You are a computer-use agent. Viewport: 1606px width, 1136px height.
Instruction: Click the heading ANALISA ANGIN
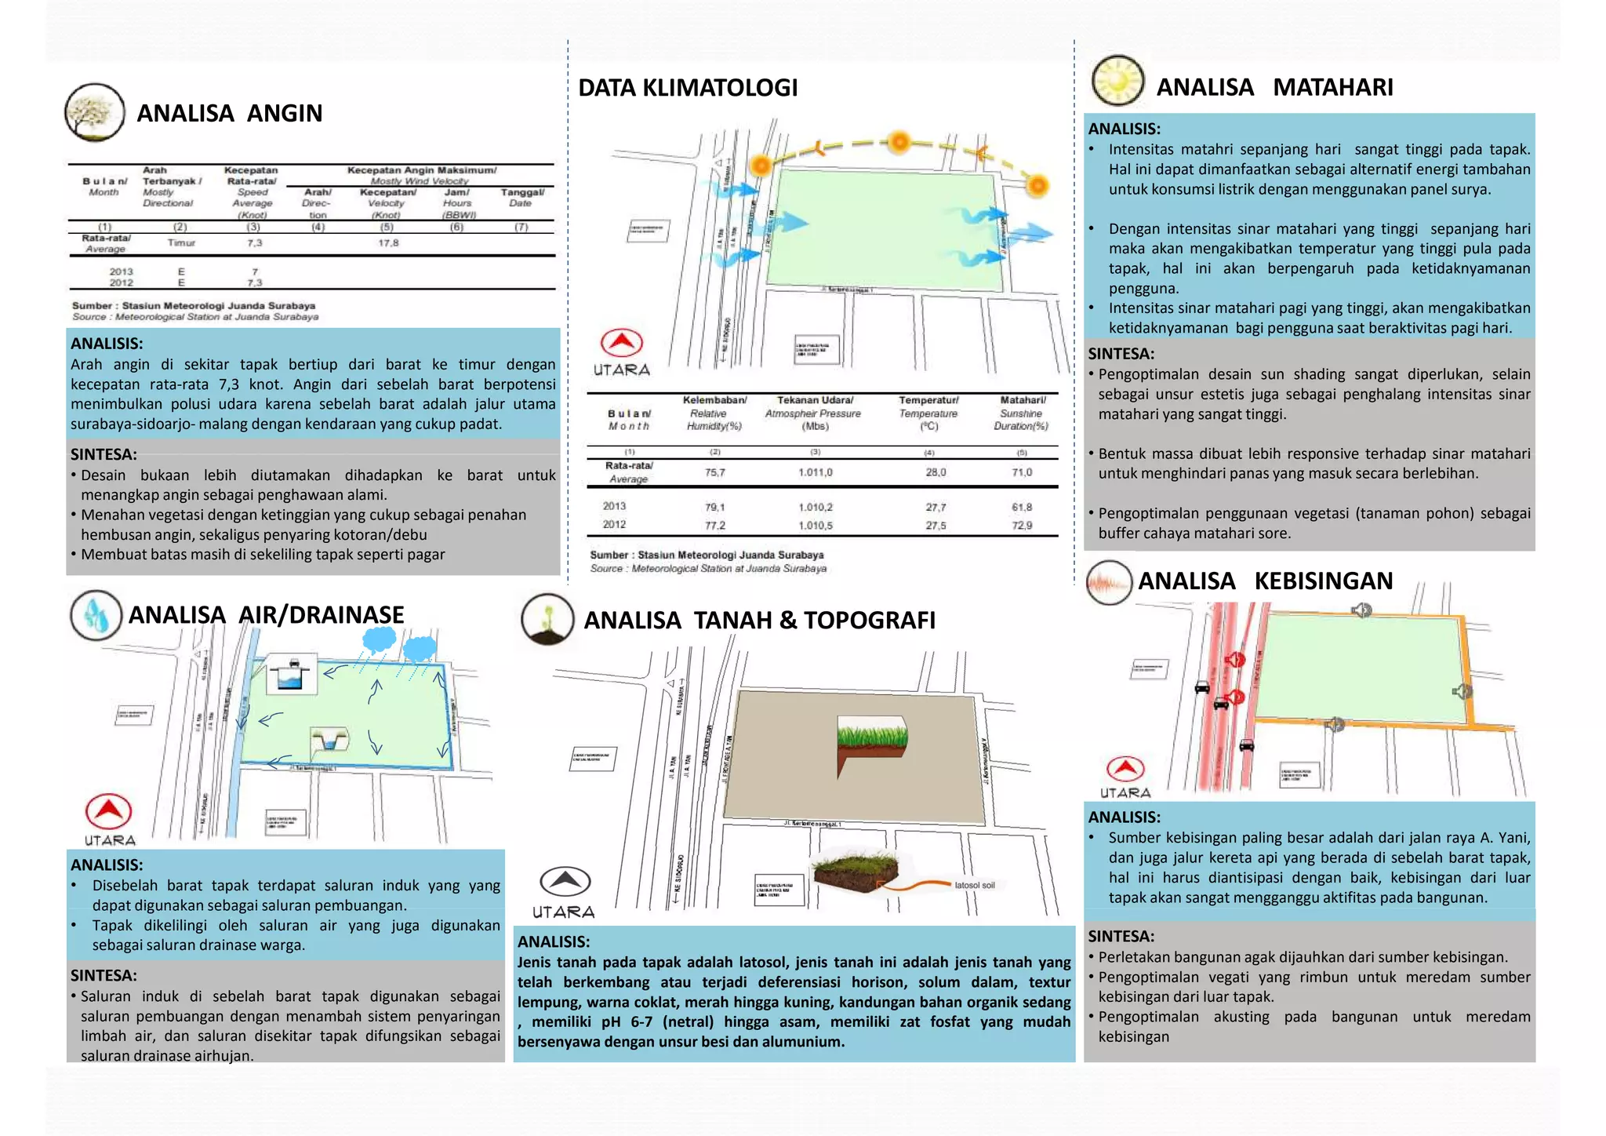(229, 114)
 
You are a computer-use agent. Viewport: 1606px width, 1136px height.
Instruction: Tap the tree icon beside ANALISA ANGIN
(94, 113)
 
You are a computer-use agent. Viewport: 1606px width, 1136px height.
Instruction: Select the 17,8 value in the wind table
(388, 243)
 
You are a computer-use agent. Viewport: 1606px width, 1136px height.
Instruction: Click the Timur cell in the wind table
(181, 243)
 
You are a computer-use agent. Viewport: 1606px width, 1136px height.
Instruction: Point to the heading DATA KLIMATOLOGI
(688, 88)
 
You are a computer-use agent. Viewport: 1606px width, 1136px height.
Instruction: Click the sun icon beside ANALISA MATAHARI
(1118, 81)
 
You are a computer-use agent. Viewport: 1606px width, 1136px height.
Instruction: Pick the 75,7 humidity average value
(714, 472)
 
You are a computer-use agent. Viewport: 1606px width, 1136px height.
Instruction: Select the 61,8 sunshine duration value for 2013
(1022, 507)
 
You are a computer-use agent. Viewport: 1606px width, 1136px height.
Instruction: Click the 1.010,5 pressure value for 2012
(816, 525)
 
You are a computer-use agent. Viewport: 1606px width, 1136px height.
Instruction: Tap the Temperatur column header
(928, 401)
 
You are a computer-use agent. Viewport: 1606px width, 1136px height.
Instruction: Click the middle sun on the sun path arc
(899, 142)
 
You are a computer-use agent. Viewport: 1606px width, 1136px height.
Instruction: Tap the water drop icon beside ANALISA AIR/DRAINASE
(96, 616)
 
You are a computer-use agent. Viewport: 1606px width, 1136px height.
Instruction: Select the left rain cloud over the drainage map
(380, 640)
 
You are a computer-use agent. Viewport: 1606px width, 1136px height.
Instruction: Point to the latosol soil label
(975, 885)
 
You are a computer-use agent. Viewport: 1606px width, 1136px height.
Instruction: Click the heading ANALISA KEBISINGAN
(1265, 581)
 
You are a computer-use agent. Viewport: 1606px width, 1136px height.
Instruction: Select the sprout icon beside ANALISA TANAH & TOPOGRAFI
(547, 620)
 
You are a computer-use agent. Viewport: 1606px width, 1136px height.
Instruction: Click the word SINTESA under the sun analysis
(1121, 354)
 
